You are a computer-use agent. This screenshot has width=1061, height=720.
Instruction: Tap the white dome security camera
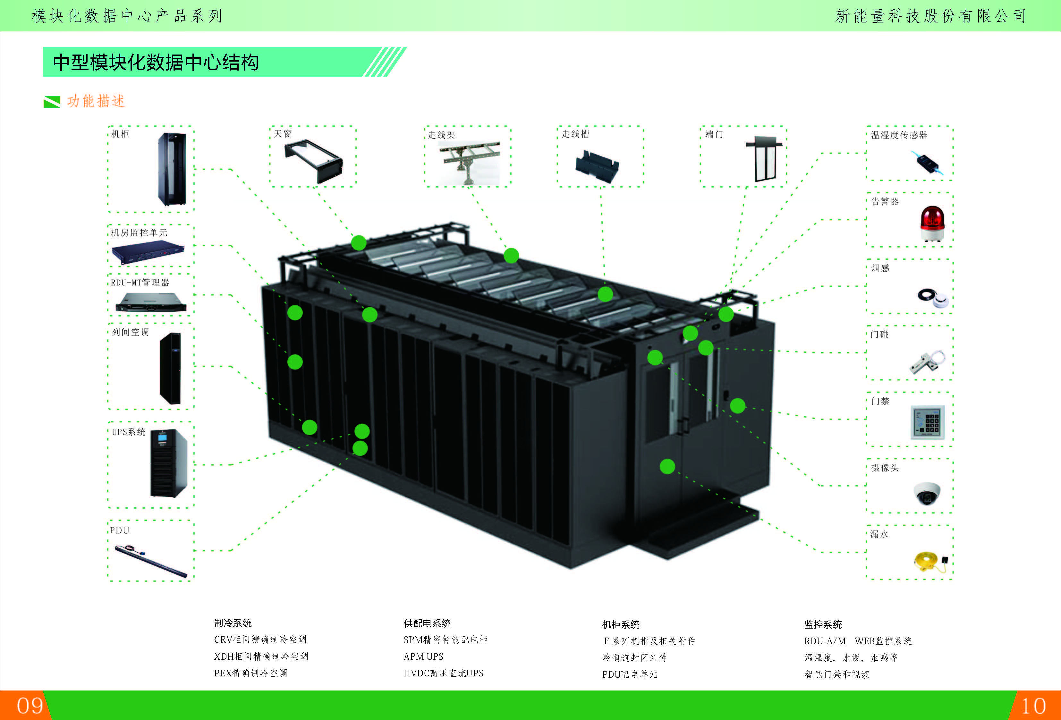[x=927, y=493]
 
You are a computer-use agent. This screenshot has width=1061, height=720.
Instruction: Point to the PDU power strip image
[x=151, y=561]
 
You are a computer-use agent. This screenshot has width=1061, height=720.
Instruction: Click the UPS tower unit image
[x=168, y=463]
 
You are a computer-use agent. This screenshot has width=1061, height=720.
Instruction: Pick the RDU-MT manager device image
[x=151, y=302]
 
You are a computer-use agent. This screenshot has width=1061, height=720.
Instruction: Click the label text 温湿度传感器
[x=899, y=135]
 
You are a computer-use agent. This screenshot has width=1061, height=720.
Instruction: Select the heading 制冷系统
[x=233, y=623]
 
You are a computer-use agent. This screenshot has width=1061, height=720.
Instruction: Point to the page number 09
[x=30, y=706]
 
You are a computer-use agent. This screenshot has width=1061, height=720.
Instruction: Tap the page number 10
[x=1033, y=706]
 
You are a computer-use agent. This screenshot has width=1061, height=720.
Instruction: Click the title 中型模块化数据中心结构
[x=156, y=62]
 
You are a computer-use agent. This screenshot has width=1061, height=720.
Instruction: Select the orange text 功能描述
[x=96, y=101]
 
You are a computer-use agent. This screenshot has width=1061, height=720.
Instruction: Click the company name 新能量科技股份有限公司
[x=930, y=16]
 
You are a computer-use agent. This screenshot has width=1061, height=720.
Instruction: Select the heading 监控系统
[x=823, y=624]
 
